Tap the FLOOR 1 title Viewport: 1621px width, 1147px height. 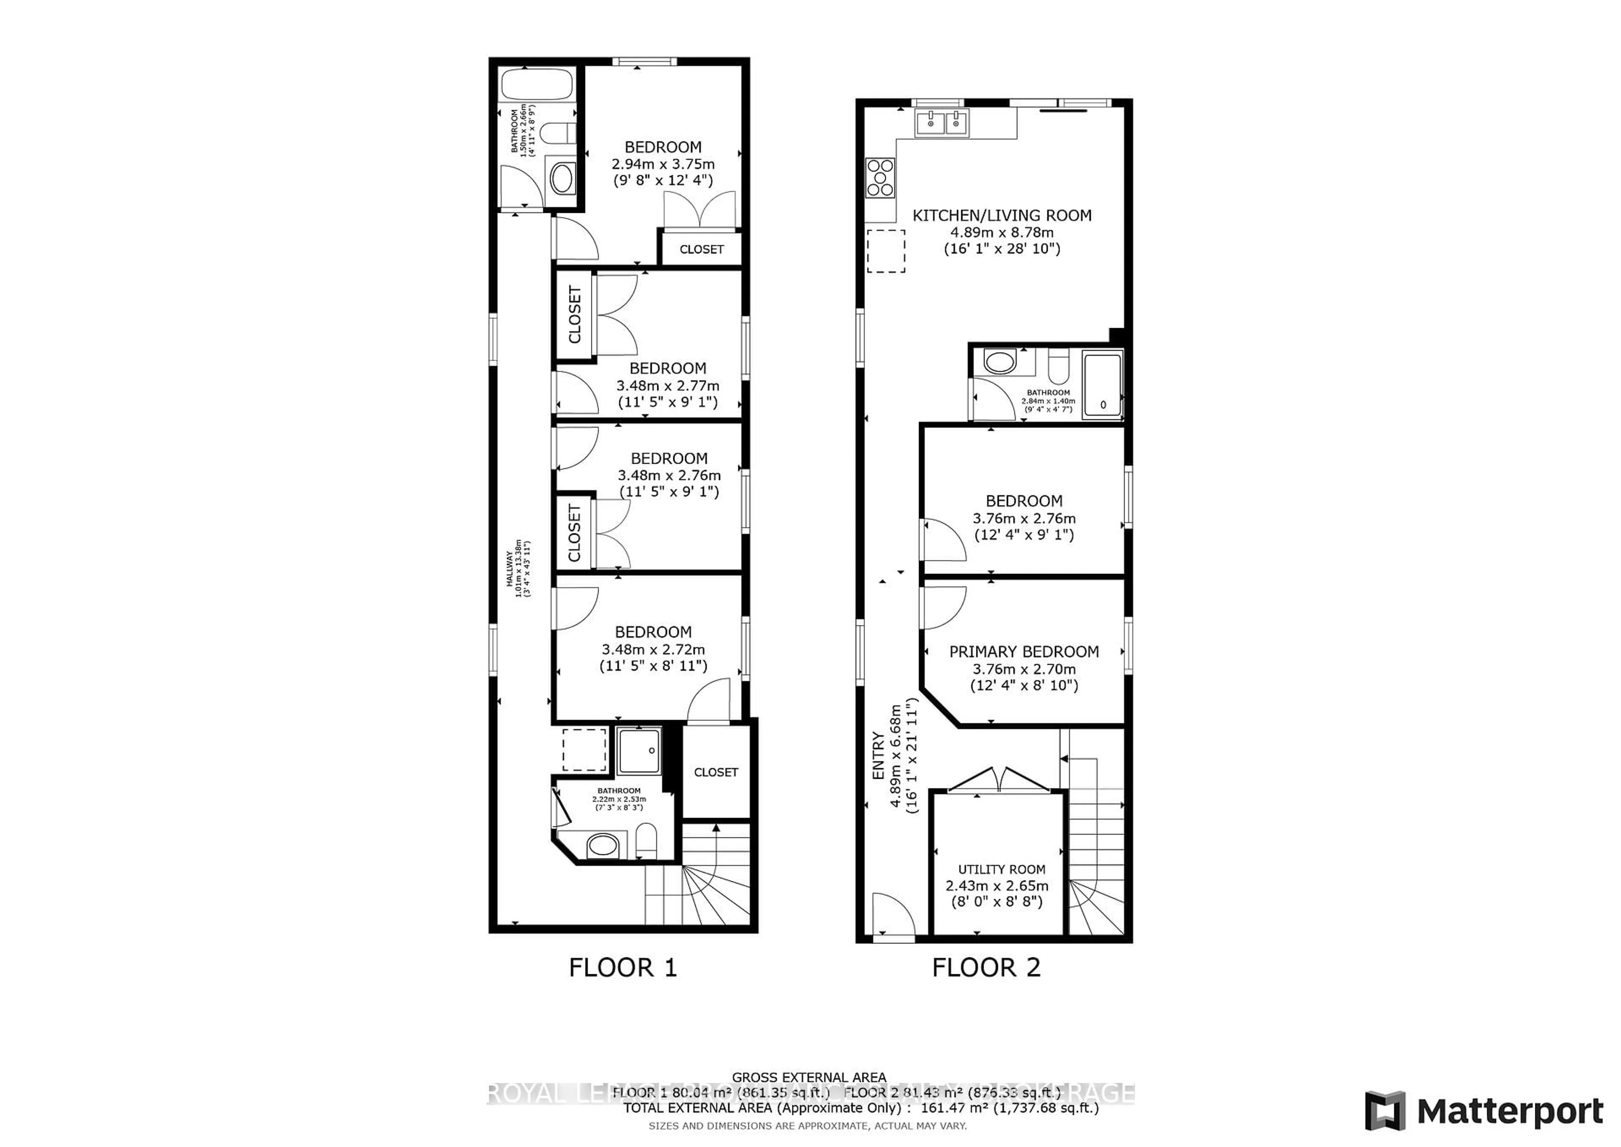pyautogui.click(x=623, y=967)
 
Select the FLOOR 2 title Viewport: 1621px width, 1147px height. pyautogui.click(x=986, y=967)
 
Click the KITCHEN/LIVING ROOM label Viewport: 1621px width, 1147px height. pyautogui.click(x=1002, y=215)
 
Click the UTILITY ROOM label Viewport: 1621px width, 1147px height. pyautogui.click(x=1001, y=870)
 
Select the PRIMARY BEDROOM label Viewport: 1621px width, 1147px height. pyautogui.click(x=1024, y=651)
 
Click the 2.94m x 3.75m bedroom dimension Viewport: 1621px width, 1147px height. pyautogui.click(x=663, y=164)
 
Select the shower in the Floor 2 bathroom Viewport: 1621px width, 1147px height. pyautogui.click(x=1102, y=386)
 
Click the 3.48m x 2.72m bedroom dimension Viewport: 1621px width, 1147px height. pyautogui.click(x=653, y=649)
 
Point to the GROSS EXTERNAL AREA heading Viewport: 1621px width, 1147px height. pyautogui.click(x=809, y=1077)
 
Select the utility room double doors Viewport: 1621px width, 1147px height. pyautogui.click(x=998, y=780)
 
